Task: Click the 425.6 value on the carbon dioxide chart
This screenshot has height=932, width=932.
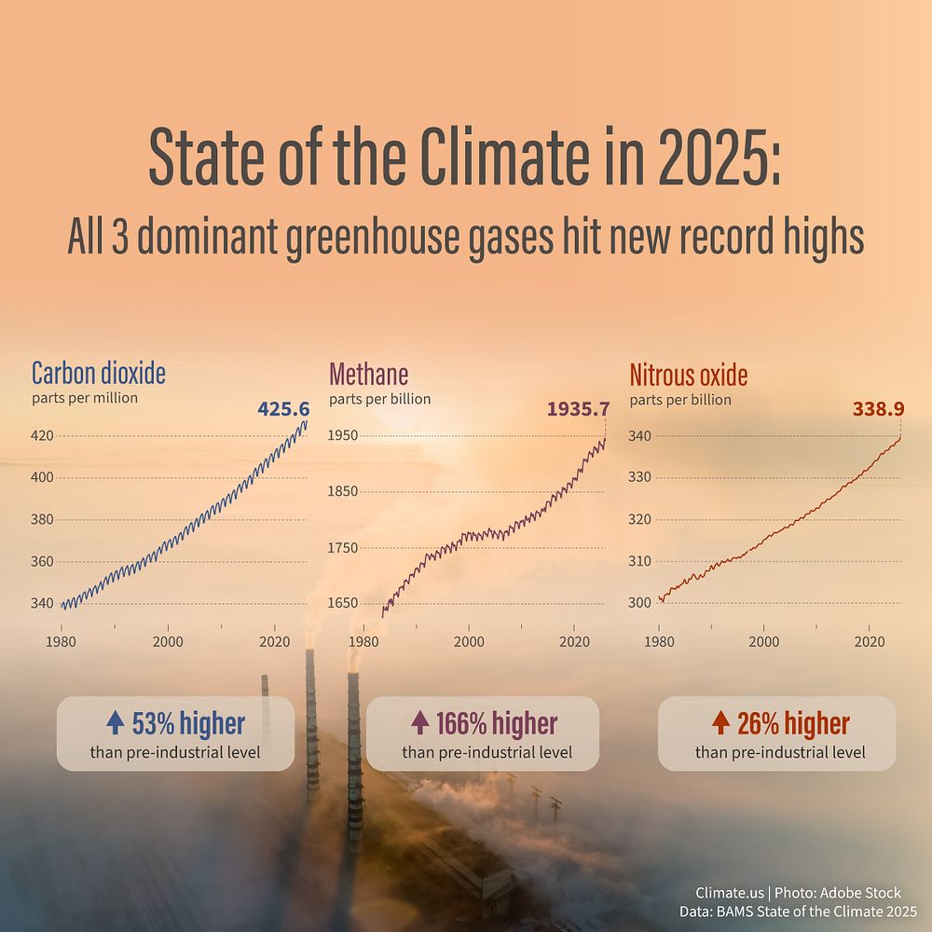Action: (x=283, y=409)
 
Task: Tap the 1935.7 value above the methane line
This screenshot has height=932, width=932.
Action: (x=579, y=409)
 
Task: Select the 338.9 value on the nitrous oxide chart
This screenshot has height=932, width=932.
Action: (x=879, y=409)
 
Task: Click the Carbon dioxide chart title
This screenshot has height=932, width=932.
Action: (x=99, y=374)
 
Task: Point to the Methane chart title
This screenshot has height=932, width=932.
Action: (x=368, y=375)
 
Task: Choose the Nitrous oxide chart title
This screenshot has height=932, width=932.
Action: (x=689, y=375)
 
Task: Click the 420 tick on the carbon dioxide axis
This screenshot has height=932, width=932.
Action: (x=42, y=435)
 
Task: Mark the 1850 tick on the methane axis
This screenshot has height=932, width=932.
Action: (x=343, y=491)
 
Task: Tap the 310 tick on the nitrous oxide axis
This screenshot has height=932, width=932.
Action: (x=640, y=561)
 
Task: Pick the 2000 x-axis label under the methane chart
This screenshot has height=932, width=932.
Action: (x=469, y=642)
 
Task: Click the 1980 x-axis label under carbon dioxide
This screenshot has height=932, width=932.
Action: (x=61, y=642)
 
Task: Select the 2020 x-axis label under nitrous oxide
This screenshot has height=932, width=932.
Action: (x=870, y=642)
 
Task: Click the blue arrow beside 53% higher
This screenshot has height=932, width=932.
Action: (x=116, y=723)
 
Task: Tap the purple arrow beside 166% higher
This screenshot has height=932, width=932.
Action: (x=420, y=723)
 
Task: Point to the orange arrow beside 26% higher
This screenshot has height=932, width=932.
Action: (x=721, y=723)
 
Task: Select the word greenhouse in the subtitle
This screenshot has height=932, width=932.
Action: (x=373, y=237)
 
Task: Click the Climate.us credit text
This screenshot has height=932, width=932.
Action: (x=730, y=893)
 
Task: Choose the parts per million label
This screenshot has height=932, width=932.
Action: (x=85, y=398)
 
